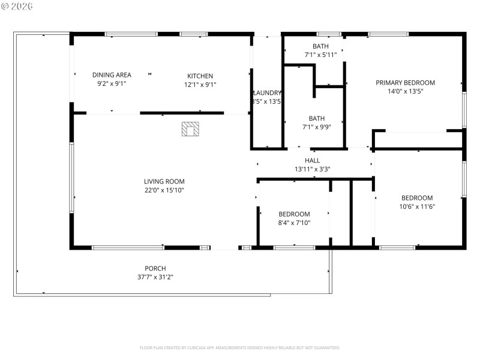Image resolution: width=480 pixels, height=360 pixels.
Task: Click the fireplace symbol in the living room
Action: [191, 130]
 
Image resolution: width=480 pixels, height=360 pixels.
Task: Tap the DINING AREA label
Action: [112, 75]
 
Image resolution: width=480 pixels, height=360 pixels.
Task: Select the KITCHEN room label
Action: [200, 76]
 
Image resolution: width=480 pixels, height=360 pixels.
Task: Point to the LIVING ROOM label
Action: [164, 181]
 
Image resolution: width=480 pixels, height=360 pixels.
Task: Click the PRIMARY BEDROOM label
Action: [405, 83]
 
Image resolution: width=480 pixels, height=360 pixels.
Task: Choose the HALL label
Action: [312, 160]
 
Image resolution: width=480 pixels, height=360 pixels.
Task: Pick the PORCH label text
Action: [155, 268]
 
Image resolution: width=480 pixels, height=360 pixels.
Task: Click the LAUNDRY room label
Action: [267, 93]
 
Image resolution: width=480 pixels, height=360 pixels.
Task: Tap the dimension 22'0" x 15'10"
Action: [164, 190]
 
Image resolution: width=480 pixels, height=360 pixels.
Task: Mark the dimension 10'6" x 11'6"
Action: [417, 206]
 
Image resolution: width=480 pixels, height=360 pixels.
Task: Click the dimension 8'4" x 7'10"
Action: [294, 223]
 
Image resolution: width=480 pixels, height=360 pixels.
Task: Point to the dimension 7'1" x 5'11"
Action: [320, 55]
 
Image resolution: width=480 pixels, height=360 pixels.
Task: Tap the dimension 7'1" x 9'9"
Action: [316, 127]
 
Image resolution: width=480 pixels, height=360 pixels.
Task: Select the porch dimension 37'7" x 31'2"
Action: [155, 277]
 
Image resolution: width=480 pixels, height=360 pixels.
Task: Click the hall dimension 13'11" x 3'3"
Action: [312, 169]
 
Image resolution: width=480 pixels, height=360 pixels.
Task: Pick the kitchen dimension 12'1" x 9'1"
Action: [200, 85]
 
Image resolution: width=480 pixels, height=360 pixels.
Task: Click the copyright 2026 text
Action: [17, 6]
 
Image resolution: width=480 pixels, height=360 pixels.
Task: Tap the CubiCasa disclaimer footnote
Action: [240, 347]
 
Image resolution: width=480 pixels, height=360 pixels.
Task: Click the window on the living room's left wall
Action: [71, 177]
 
